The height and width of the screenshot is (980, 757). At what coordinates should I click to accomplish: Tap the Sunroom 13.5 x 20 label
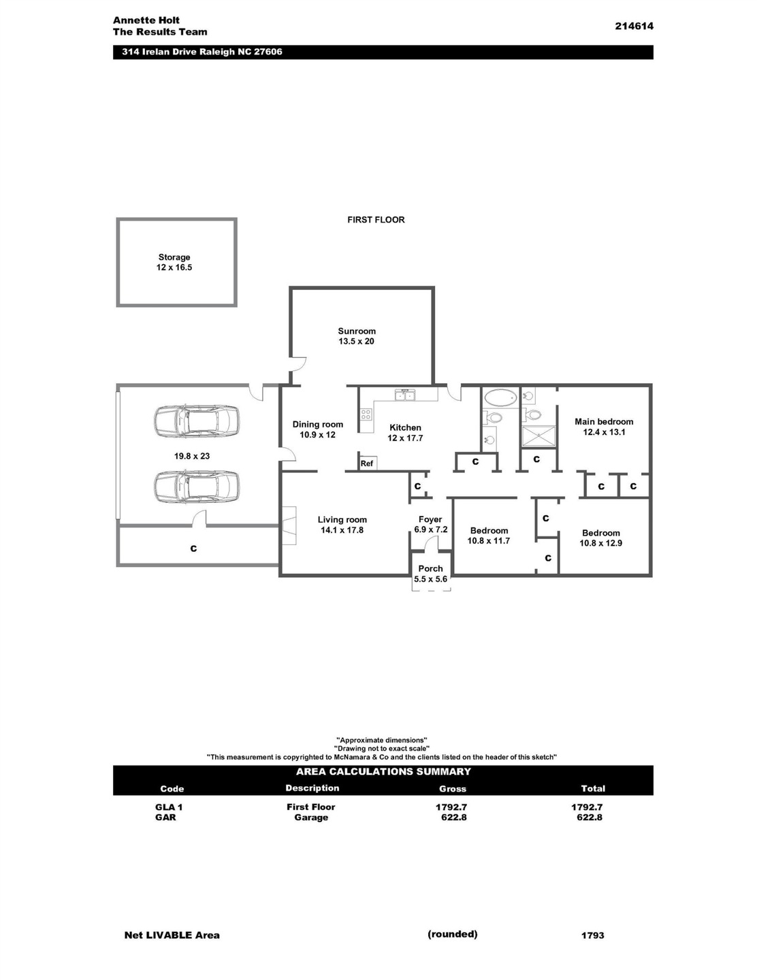click(x=357, y=336)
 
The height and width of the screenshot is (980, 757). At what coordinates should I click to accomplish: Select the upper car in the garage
click(x=197, y=421)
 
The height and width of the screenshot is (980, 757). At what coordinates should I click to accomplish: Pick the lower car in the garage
click(x=197, y=487)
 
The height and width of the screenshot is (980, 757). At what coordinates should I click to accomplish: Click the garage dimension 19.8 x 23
click(x=192, y=456)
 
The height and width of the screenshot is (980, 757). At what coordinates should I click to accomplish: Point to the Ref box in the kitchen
click(x=367, y=463)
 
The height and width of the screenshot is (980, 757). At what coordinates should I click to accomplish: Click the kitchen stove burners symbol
click(x=366, y=414)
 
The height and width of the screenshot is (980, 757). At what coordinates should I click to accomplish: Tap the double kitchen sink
click(x=405, y=395)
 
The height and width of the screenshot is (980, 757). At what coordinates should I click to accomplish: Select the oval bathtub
click(x=500, y=398)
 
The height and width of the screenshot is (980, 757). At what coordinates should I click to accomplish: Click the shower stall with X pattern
click(x=539, y=436)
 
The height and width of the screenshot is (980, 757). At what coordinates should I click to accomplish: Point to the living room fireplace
click(x=289, y=525)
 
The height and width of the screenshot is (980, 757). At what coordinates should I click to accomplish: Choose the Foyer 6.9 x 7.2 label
click(x=431, y=524)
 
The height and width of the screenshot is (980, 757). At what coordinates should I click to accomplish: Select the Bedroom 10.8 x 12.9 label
click(x=601, y=538)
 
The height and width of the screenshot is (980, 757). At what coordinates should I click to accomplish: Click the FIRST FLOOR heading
click(x=376, y=220)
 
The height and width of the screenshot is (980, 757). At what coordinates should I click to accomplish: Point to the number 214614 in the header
click(x=634, y=26)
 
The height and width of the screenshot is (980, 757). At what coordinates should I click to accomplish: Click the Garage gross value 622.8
click(x=454, y=817)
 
